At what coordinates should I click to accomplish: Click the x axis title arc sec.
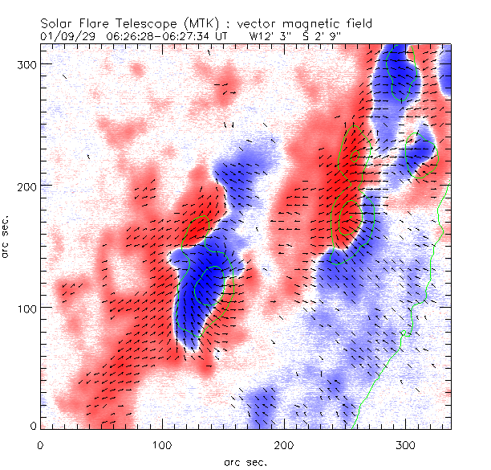[x=245, y=462]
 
